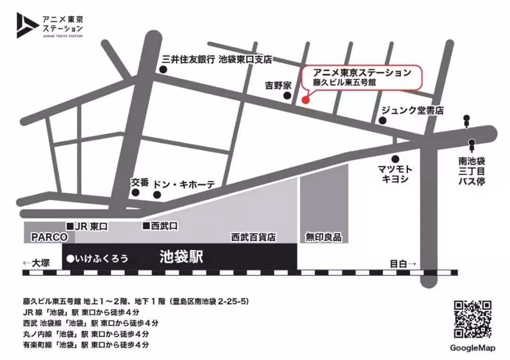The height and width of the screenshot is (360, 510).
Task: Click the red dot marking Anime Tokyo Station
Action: coord(305,99)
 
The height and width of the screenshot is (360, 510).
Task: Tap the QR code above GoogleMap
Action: coord(473,319)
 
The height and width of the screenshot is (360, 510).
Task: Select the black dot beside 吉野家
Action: coord(287,96)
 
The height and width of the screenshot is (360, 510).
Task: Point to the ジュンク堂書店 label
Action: coord(412,111)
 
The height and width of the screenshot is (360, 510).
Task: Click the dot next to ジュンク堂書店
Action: coord(383,121)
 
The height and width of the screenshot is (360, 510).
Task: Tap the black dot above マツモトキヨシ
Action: coord(395,159)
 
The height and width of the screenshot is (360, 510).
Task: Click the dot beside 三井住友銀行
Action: coord(163,70)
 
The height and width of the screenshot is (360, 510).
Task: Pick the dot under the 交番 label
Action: coord(136,192)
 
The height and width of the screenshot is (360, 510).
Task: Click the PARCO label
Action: coord(49,237)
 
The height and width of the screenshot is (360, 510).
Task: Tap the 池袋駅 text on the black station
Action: coord(181,257)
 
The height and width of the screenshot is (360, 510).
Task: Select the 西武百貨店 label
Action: coord(253,237)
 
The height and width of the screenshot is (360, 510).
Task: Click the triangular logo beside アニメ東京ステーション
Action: coord(26,25)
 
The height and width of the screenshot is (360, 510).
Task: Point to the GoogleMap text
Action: coord(473,348)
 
